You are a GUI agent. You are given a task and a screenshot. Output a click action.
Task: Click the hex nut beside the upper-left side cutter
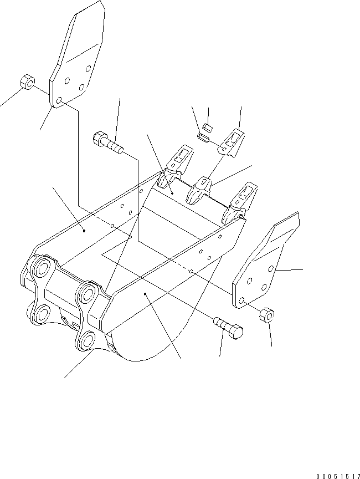[27, 81]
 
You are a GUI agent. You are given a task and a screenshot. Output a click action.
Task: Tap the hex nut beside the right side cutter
[266, 315]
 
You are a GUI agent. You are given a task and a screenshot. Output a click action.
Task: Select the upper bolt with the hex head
[108, 142]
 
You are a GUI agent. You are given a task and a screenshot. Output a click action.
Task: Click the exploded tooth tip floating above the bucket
[232, 143]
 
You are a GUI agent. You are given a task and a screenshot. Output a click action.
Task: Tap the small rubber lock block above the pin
[208, 128]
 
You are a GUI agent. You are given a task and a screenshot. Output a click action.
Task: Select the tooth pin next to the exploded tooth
[203, 137]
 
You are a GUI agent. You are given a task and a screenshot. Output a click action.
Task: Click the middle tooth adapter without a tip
[199, 190]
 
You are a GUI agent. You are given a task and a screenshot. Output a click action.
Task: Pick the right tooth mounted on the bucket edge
[239, 202]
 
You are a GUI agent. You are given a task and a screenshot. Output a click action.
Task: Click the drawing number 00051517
[338, 476]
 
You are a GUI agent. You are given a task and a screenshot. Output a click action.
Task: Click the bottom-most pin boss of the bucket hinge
[86, 340]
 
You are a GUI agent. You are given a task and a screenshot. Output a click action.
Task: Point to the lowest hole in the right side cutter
[241, 300]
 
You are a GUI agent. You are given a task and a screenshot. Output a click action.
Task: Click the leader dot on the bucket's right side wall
[145, 294]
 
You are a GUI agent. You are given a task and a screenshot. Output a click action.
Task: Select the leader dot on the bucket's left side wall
[84, 231]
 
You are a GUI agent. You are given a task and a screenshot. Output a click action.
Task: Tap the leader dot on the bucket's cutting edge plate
[172, 193]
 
